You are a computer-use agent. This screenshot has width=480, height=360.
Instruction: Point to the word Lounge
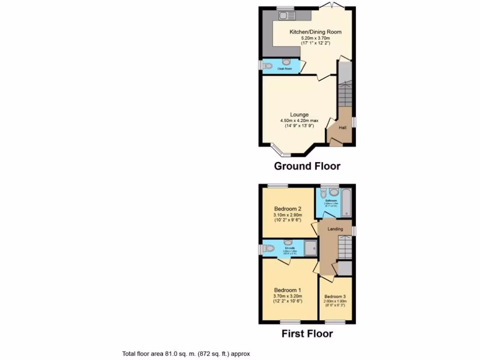pos(299,114)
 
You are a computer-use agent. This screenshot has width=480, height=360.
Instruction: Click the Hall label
pos(343,127)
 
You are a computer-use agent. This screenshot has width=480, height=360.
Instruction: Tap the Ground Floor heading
pos(307,166)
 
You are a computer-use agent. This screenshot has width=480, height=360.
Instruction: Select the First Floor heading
pos(307,334)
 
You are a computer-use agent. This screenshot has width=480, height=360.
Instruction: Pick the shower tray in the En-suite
pos(310,248)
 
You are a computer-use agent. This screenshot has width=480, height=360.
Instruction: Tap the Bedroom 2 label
pos(287,209)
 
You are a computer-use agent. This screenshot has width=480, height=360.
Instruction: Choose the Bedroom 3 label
pos(335,297)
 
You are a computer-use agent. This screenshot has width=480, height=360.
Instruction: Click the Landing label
pos(335,229)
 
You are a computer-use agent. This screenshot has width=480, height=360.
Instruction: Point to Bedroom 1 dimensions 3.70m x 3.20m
pos(287,296)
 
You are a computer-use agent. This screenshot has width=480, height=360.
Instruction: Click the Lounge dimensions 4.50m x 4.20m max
pos(299,120)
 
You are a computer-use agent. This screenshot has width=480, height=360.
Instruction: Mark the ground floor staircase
pos(345,94)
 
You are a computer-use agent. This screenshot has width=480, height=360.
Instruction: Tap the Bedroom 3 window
pos(335,322)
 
